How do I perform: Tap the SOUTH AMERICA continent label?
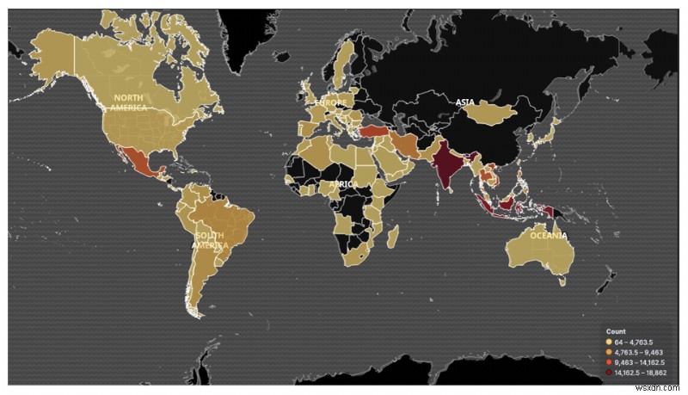click(x=209, y=239)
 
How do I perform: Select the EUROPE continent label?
click(x=330, y=102)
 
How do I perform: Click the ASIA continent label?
click(x=464, y=102)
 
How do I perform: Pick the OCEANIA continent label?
click(x=548, y=234)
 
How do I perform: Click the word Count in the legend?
click(x=615, y=331)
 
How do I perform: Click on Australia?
click(x=537, y=250)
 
